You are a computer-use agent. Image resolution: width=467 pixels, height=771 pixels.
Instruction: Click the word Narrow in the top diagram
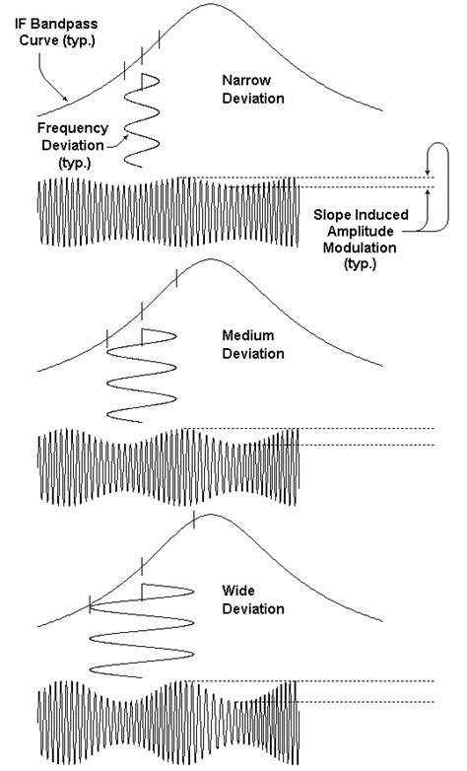244,81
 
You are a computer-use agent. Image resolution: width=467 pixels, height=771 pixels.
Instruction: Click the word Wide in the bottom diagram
239,591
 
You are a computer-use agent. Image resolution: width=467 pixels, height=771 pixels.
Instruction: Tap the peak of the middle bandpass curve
209,260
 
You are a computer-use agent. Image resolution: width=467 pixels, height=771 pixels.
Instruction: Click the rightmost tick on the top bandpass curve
157,40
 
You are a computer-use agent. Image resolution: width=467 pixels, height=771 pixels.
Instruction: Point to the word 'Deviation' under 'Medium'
253,354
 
